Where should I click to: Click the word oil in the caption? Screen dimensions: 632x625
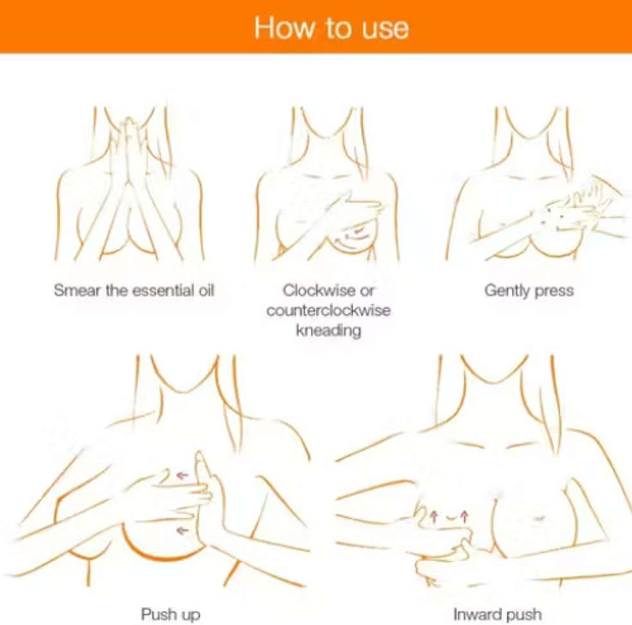(x=206, y=290)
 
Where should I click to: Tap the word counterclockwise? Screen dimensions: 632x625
(x=328, y=311)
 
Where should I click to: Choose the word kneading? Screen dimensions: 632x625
(x=328, y=331)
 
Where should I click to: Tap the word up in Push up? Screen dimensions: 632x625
(x=191, y=615)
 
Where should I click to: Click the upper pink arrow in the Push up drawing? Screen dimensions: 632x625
(x=182, y=476)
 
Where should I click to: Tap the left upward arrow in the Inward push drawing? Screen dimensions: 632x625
(x=434, y=516)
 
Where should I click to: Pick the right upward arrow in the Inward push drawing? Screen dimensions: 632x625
(x=464, y=516)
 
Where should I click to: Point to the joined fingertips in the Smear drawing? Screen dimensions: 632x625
(x=128, y=122)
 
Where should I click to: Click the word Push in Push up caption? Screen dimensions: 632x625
(x=159, y=614)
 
